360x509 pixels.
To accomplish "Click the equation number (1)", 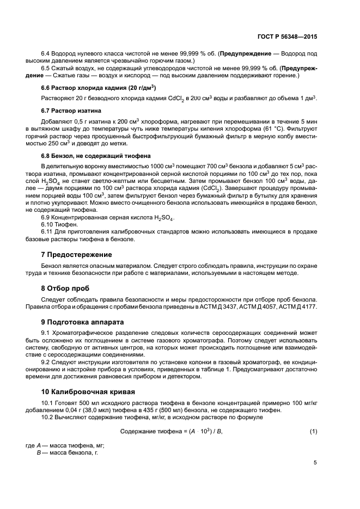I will [x=313, y=431].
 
